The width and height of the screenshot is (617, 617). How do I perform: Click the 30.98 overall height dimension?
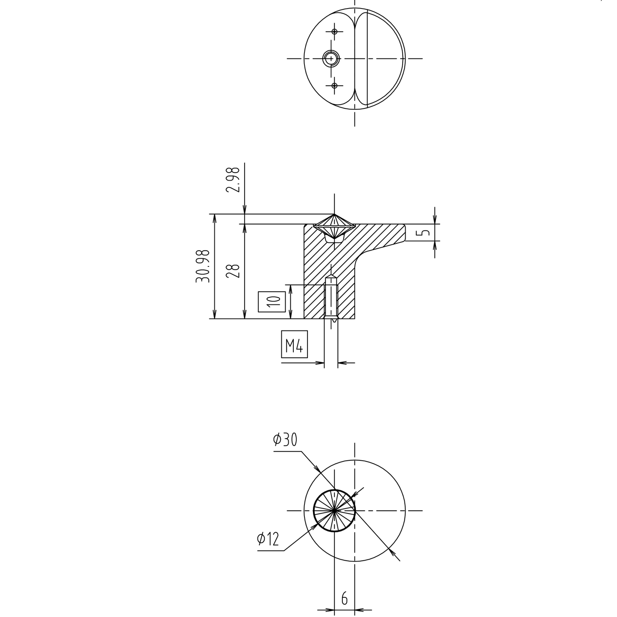(203, 266)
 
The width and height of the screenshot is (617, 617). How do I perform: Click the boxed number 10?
(272, 301)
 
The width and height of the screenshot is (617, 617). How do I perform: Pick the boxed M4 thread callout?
(294, 344)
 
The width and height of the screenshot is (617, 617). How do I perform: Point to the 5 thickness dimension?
(424, 232)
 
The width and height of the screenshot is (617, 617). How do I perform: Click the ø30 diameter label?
(285, 440)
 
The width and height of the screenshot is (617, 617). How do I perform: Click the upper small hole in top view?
(335, 32)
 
